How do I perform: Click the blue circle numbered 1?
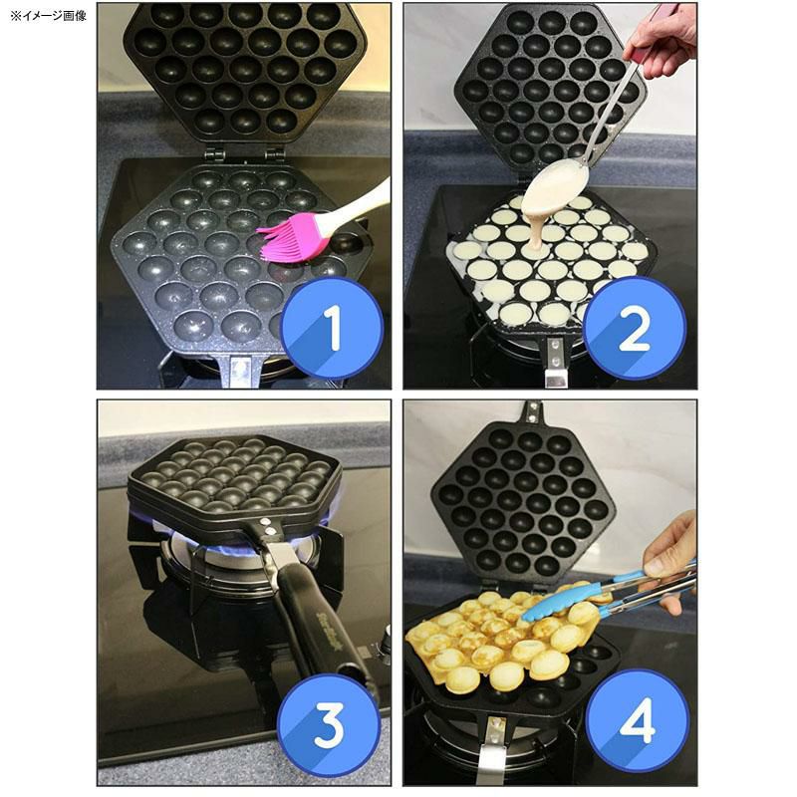(x=331, y=328)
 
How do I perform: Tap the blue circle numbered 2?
(x=635, y=328)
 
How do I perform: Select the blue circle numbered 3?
(x=329, y=725)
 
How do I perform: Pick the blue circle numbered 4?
(x=636, y=725)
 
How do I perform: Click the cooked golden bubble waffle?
(x=488, y=638)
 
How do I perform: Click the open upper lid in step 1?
(x=245, y=70)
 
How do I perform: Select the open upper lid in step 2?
(x=543, y=85)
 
